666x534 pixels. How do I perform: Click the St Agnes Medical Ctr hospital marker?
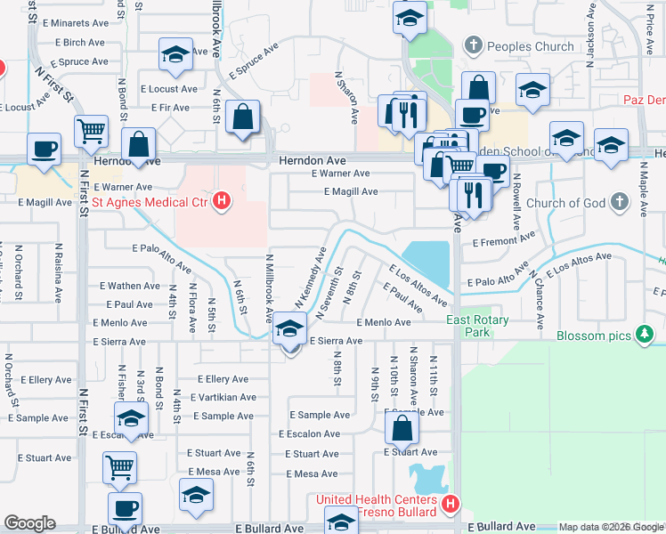(x=223, y=202)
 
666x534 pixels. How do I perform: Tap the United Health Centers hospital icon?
(x=451, y=504)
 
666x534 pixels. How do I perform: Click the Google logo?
(x=29, y=523)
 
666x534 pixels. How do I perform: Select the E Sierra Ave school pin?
(x=289, y=328)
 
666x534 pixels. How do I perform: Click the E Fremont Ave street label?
(x=504, y=241)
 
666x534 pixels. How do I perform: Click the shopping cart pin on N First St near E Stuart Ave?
(x=120, y=465)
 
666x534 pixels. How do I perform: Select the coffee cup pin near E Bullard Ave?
(x=125, y=508)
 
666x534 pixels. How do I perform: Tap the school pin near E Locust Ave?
(x=175, y=54)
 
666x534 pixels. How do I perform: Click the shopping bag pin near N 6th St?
(x=242, y=117)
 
